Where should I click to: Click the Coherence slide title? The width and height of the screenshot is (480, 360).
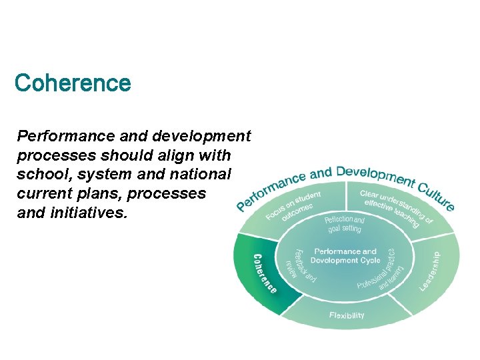click(x=73, y=83)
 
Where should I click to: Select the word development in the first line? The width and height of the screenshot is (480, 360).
click(x=201, y=137)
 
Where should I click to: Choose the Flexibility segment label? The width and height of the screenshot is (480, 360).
click(x=347, y=315)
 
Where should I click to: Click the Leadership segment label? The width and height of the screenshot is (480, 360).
click(x=430, y=271)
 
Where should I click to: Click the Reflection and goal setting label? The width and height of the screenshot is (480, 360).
click(x=344, y=224)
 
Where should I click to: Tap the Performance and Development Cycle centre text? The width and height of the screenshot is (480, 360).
click(x=345, y=256)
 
